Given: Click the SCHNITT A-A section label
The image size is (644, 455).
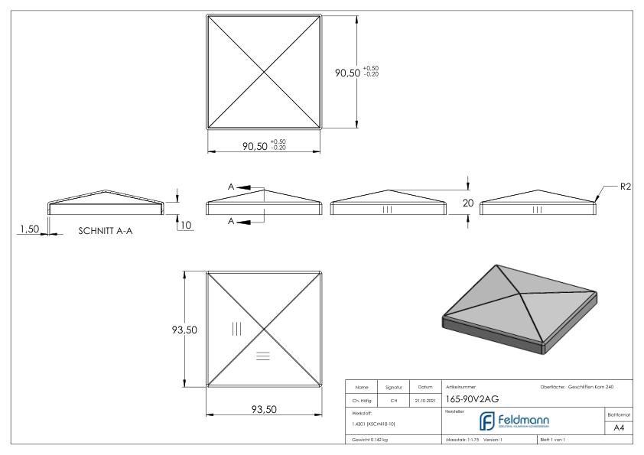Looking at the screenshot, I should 106,230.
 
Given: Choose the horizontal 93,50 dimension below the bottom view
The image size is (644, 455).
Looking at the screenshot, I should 264,410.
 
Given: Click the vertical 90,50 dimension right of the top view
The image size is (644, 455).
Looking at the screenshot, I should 348,72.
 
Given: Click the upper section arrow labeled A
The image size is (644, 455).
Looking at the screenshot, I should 232,187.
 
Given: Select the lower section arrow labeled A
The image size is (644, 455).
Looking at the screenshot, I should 232,221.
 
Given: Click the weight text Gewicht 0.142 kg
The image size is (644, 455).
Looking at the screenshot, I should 370,440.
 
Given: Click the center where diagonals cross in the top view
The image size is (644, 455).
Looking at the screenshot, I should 265,73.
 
